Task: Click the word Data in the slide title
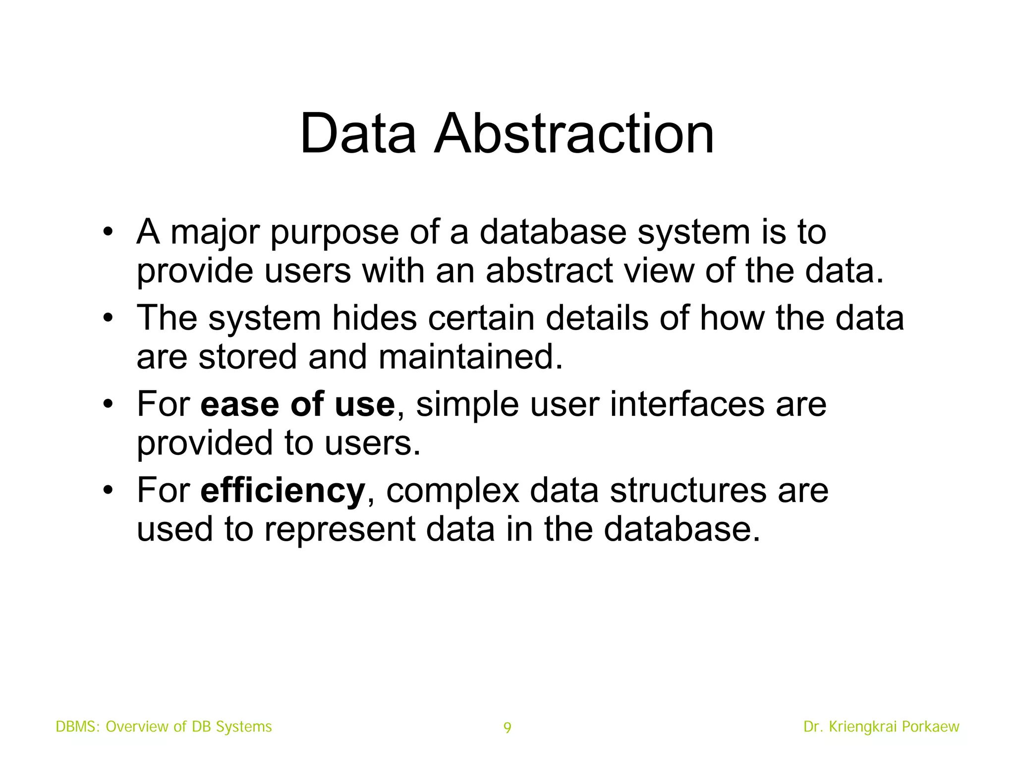pyautogui.click(x=358, y=134)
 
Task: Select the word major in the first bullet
pyautogui.click(x=215, y=232)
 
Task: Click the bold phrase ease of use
pyautogui.click(x=297, y=404)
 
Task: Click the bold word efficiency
pyautogui.click(x=282, y=491)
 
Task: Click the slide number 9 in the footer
pyautogui.click(x=507, y=728)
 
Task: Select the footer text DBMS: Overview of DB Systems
pyautogui.click(x=164, y=727)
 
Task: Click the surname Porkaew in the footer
pyautogui.click(x=930, y=727)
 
